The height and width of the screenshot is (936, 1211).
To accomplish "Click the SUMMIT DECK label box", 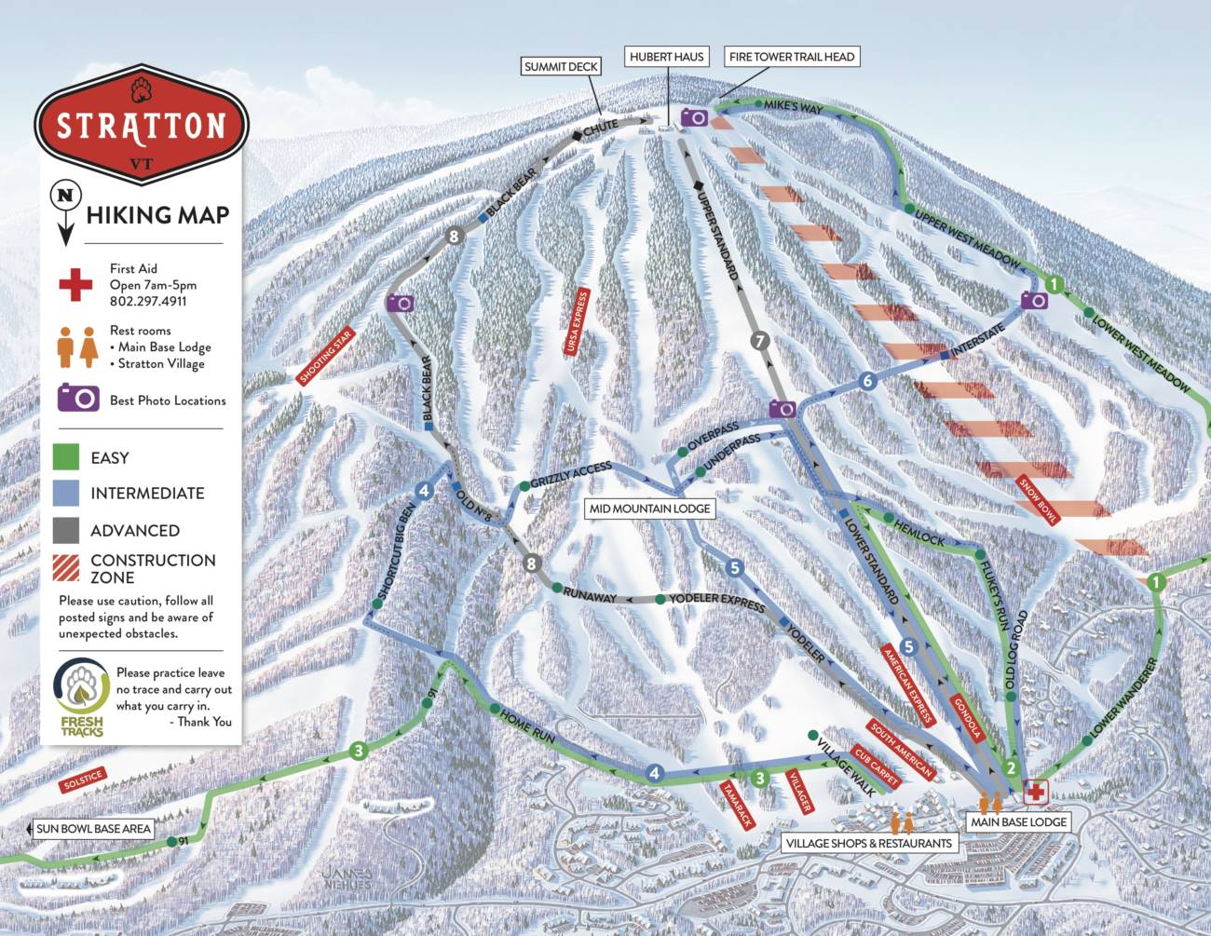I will pyautogui.click(x=561, y=66).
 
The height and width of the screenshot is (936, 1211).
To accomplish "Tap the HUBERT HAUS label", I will pyautogui.click(x=666, y=57).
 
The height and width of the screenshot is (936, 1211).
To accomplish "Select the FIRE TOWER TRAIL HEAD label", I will pyautogui.click(x=791, y=57).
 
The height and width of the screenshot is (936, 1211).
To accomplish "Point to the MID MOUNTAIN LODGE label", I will pyautogui.click(x=649, y=509).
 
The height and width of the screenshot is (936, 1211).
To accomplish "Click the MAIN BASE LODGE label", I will pyautogui.click(x=1018, y=822).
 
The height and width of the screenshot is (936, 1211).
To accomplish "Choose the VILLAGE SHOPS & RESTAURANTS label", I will pyautogui.click(x=868, y=844).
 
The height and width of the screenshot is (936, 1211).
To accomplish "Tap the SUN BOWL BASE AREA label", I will pyautogui.click(x=92, y=829).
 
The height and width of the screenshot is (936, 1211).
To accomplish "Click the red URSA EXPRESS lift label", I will pyautogui.click(x=577, y=321).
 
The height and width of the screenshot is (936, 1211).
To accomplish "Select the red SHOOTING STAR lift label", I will pyautogui.click(x=325, y=357).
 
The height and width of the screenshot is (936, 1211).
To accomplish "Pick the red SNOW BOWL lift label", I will pyautogui.click(x=1038, y=500).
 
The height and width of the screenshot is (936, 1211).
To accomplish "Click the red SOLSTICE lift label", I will pyautogui.click(x=83, y=780).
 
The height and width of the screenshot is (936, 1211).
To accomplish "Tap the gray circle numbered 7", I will pyautogui.click(x=760, y=341).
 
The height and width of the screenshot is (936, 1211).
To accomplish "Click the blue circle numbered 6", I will pyautogui.click(x=867, y=381).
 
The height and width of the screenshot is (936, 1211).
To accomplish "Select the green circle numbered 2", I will pyautogui.click(x=1011, y=769).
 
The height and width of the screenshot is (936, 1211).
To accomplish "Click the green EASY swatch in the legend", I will pyautogui.click(x=66, y=457).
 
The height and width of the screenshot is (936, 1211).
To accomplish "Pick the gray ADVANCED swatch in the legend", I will pyautogui.click(x=66, y=530).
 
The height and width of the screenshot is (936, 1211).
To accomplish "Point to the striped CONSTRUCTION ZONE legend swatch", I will pyautogui.click(x=66, y=567).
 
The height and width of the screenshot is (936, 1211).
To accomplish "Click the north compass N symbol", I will pyautogui.click(x=64, y=197).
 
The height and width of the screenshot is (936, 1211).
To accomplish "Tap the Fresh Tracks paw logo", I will pyautogui.click(x=81, y=687).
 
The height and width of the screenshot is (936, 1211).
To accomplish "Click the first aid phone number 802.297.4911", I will pyautogui.click(x=148, y=302).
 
